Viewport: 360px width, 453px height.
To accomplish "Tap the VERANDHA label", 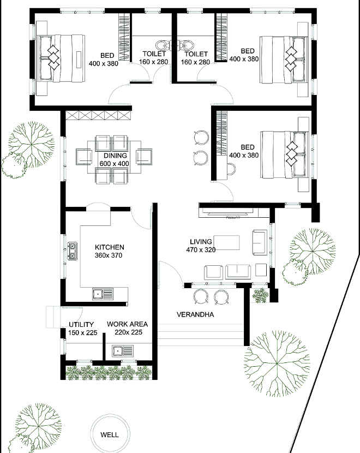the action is (195, 314).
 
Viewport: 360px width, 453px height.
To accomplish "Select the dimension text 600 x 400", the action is (115, 164).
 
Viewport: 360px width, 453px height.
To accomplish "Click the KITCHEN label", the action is (110, 247).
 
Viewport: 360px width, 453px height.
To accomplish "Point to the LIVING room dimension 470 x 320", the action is (201, 249).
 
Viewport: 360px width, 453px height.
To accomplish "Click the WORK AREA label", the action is (127, 324).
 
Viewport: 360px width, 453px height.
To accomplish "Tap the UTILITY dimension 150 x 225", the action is (83, 333).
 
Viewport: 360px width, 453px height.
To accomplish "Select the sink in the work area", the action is (123, 351).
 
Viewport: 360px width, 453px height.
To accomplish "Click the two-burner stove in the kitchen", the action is (72, 251).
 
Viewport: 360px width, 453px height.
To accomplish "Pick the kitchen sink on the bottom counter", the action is (103, 294).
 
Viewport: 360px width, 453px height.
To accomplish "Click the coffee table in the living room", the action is (228, 242).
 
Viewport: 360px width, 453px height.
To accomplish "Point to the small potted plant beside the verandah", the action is (260, 295).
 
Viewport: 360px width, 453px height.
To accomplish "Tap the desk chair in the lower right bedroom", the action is (231, 169).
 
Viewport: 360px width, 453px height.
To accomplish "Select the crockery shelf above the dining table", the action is (98, 115).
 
